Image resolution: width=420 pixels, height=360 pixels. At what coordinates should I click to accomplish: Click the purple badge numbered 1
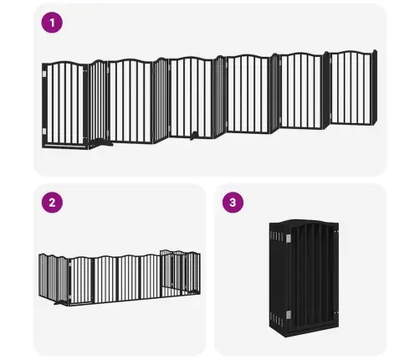coord(52,23)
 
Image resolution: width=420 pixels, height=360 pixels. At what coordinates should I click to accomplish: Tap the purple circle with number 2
coord(52,203)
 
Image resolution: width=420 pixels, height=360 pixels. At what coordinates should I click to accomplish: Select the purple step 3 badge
coord(233,203)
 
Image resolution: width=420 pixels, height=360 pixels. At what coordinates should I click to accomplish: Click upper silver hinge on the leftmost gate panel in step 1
coord(44,74)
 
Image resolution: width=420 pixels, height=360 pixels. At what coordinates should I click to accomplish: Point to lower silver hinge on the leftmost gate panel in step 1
coord(44,131)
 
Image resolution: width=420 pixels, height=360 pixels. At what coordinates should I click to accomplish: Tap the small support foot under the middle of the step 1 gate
coord(193,136)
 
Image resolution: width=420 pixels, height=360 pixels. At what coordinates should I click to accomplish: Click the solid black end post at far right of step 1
coord(374,87)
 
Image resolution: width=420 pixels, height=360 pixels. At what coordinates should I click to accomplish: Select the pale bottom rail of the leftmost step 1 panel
coord(64,146)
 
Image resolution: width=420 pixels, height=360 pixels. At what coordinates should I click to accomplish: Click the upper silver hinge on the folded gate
coord(289,238)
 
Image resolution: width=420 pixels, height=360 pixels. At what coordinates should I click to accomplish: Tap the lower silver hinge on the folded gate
coord(289,315)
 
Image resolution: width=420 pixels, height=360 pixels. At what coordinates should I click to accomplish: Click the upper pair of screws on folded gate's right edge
coord(336,231)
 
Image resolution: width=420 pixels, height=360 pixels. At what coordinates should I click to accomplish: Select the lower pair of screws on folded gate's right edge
coord(336,312)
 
